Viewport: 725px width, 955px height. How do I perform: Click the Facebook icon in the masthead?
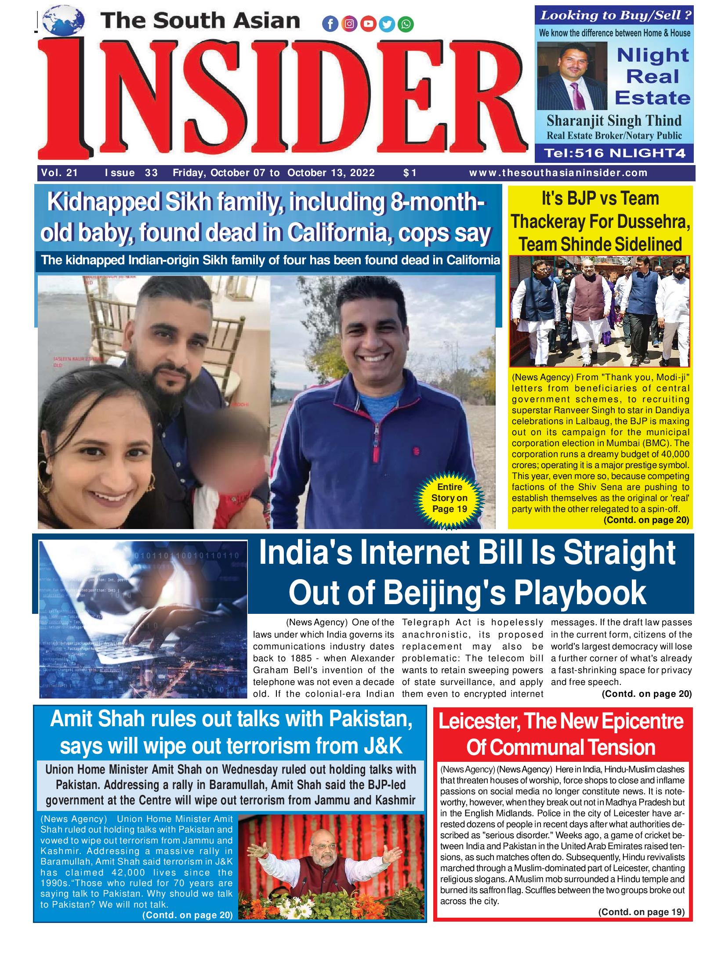click(x=330, y=25)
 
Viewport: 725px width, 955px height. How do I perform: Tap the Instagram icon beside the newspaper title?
click(x=349, y=25)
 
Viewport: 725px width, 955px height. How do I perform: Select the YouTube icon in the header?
click(x=368, y=25)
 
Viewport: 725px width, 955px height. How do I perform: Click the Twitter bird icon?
click(x=387, y=25)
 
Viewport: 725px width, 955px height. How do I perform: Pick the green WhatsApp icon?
click(x=405, y=25)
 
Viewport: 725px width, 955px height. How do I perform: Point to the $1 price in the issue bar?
click(x=410, y=173)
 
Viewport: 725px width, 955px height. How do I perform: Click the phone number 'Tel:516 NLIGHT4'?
click(x=613, y=153)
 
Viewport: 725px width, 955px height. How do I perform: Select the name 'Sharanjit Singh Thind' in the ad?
click(x=614, y=121)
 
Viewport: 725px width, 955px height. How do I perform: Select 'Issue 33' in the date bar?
click(x=130, y=173)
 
